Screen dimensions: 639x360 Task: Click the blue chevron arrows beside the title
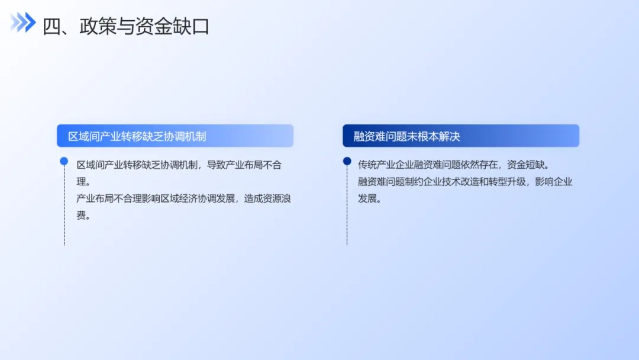pos(23,22)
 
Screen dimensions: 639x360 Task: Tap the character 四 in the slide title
pos(51,27)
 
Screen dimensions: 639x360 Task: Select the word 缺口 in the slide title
pos(191,27)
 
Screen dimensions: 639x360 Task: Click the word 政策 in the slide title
pos(98,27)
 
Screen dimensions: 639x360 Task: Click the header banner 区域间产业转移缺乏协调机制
pos(175,136)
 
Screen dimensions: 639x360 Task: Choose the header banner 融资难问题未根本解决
pos(460,136)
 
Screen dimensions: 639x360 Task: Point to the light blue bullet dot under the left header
pos(64,162)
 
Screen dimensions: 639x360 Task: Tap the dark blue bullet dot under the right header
pos(347,162)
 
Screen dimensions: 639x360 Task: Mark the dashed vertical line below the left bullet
pos(64,206)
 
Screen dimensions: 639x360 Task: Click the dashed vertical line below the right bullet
pos(347,206)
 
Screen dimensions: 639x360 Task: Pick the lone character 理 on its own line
pos(81,182)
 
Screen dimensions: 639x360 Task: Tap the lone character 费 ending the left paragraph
pos(81,216)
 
